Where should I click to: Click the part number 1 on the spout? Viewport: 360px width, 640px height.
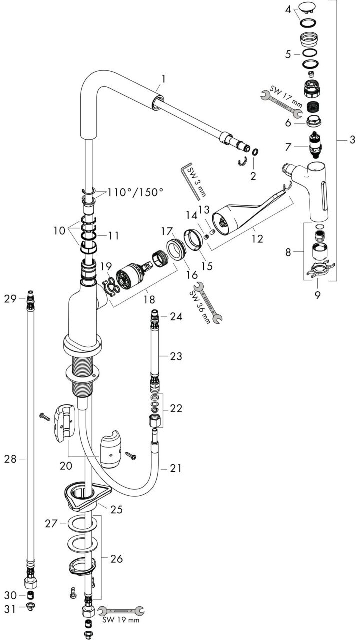click(x=163, y=79)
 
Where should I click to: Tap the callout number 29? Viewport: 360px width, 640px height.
click(x=10, y=299)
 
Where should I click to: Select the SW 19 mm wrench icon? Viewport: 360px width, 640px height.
click(x=121, y=611)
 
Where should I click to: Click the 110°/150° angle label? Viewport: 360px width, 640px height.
click(x=135, y=193)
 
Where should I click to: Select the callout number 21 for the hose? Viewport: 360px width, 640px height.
click(x=176, y=468)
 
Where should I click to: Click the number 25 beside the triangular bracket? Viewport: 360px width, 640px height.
click(x=117, y=509)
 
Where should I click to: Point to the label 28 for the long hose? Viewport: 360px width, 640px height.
click(x=10, y=459)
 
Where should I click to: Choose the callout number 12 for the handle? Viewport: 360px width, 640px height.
click(x=257, y=239)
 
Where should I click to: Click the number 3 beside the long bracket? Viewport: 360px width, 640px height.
click(x=352, y=140)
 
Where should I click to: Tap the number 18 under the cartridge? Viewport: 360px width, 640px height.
click(x=149, y=299)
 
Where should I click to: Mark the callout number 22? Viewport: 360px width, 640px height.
click(x=176, y=408)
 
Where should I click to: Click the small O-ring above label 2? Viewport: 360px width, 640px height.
click(x=255, y=152)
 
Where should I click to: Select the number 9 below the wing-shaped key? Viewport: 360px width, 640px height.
click(x=317, y=295)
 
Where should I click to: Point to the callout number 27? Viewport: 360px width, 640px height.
click(x=51, y=523)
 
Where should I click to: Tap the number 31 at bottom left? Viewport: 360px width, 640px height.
click(x=10, y=609)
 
